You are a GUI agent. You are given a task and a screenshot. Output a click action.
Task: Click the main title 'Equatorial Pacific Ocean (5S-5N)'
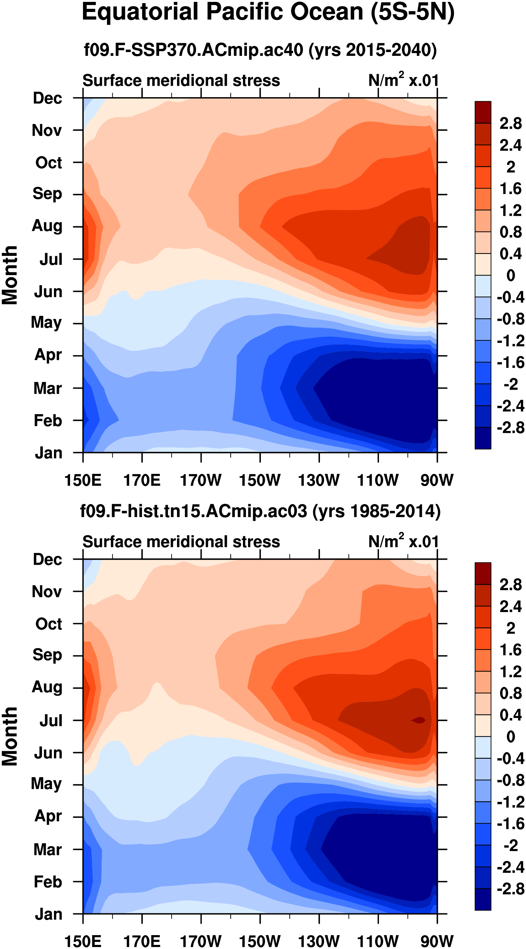pos(268,12)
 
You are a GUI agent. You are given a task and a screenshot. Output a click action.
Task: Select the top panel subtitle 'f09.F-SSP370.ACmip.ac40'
pos(193,50)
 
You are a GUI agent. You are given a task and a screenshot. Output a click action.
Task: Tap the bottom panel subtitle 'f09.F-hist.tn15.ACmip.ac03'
pos(193,511)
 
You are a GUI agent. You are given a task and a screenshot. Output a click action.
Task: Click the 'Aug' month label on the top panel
pos(47,226)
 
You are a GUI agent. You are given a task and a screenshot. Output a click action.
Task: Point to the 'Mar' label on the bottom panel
pos(48,849)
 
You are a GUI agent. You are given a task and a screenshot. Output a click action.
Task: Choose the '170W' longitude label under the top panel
pos(201,480)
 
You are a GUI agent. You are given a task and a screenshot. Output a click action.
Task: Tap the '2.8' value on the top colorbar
pos(511,123)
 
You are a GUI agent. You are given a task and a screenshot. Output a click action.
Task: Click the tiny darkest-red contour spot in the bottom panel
pos(419,720)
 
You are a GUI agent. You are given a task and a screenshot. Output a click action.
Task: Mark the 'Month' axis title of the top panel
pos(10,275)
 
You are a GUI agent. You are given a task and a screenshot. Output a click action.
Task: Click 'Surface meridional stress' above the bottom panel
pos(181,542)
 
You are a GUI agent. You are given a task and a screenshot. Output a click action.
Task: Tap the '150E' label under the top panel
pos(83,480)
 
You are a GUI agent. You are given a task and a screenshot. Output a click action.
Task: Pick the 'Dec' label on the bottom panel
pos(48,559)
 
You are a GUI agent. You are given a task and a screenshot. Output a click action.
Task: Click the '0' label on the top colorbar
pos(511,275)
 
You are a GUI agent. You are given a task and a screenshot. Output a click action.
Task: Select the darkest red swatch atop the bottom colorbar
pos(482,573)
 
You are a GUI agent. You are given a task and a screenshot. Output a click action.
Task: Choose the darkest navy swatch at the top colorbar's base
pos(482,438)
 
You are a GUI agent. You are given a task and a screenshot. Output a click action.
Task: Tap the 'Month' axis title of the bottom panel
pos(10,737)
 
